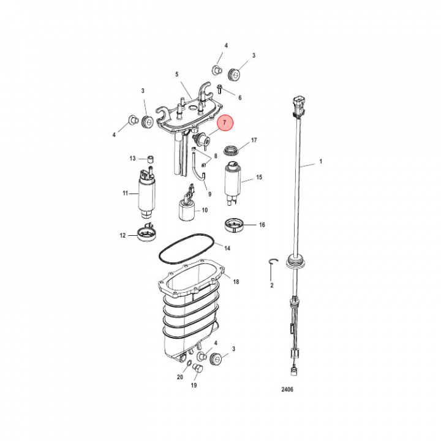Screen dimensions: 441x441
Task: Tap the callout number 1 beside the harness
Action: (320, 164)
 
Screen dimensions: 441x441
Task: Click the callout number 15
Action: (259, 178)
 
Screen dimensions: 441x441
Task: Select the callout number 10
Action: (205, 210)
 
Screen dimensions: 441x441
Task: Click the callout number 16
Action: (262, 225)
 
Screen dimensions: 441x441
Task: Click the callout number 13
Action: (132, 159)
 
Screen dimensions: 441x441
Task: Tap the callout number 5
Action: (177, 75)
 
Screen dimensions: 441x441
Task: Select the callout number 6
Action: (239, 97)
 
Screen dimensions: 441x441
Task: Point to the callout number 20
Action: (180, 377)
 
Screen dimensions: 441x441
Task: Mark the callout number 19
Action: (194, 386)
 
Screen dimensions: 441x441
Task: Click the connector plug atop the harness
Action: (298, 103)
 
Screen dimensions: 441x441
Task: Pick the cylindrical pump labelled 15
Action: (233, 181)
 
